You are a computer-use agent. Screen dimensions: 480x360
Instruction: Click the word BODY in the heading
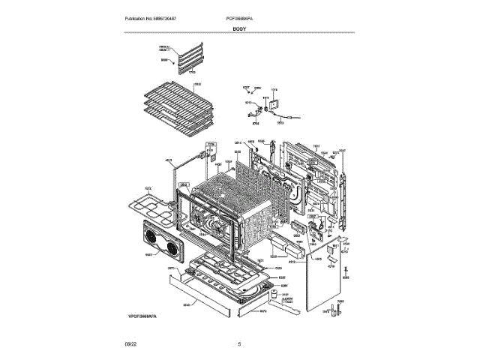tap(239, 28)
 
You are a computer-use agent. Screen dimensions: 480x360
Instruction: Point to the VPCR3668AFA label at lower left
tap(143, 318)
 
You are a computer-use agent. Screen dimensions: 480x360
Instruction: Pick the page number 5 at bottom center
tap(239, 344)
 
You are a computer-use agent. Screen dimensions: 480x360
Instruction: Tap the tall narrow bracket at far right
tap(344, 187)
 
